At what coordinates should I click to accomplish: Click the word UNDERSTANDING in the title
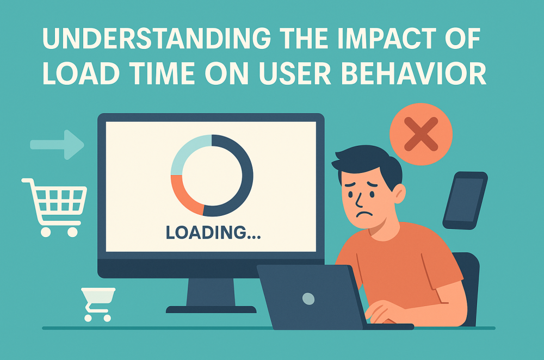coord(156,38)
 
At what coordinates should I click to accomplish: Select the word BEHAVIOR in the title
coord(414,74)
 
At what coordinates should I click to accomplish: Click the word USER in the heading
coord(295,74)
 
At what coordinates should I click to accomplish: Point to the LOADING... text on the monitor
coord(213,232)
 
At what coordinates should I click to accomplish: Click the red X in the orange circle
coord(421,134)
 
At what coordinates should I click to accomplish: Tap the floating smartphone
coord(465,201)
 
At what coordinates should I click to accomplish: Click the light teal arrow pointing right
coord(57,145)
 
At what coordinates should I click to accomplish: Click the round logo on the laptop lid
coord(308,299)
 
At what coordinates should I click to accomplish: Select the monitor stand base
coord(211,309)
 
